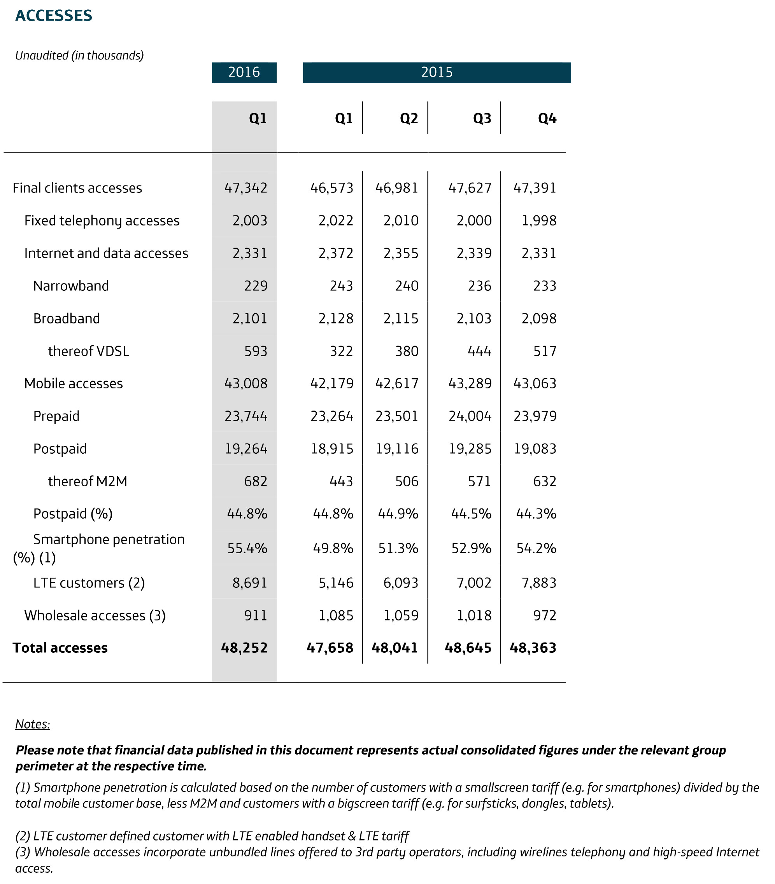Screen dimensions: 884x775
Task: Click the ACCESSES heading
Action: coord(54,16)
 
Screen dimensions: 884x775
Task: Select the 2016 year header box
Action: coord(244,72)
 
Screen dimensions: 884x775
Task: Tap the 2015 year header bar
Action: coord(437,72)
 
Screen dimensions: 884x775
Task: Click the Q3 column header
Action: coord(482,119)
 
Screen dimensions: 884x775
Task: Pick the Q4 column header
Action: coord(547,119)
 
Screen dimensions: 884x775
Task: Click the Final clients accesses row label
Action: coord(77,188)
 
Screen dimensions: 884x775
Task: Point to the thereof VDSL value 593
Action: coord(256,351)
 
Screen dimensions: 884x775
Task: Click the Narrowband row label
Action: coord(71,286)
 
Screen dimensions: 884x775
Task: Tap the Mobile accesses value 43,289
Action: coord(470,384)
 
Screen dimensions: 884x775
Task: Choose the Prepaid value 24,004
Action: coord(470,416)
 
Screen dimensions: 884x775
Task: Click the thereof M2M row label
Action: coord(88,481)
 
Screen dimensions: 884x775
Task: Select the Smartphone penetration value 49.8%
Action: coord(333,548)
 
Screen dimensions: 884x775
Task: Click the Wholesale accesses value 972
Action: coord(545,615)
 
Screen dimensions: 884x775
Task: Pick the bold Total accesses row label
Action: coord(60,648)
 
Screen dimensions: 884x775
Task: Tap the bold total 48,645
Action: coord(468,648)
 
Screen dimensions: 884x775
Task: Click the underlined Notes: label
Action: coord(32,724)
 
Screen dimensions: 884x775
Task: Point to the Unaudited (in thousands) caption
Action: coord(80,56)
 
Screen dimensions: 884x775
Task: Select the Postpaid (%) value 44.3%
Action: coord(536,514)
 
